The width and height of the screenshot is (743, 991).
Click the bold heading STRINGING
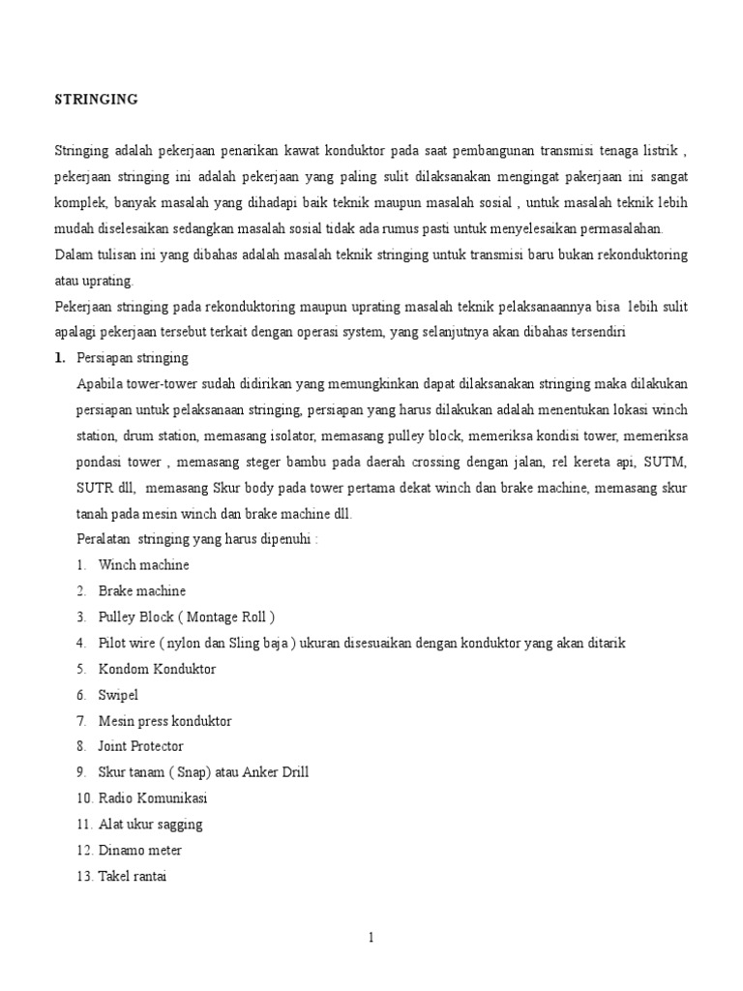[96, 99]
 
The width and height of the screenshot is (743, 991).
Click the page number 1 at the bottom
[371, 937]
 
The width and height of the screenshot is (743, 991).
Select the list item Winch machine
[143, 565]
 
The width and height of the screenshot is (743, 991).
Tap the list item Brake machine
[141, 591]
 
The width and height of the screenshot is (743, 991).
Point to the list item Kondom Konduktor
[157, 669]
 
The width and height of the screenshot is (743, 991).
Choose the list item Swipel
[119, 695]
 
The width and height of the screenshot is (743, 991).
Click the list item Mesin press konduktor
[164, 721]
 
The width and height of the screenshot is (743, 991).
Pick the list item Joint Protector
[140, 747]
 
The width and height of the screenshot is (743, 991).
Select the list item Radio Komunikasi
[152, 798]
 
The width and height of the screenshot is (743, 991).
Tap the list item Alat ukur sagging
[150, 825]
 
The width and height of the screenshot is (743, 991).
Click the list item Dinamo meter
[139, 851]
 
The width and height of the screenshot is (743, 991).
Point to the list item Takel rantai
[133, 877]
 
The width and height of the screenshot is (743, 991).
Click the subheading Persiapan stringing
[132, 358]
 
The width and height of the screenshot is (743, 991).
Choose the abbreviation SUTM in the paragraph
[667, 462]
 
